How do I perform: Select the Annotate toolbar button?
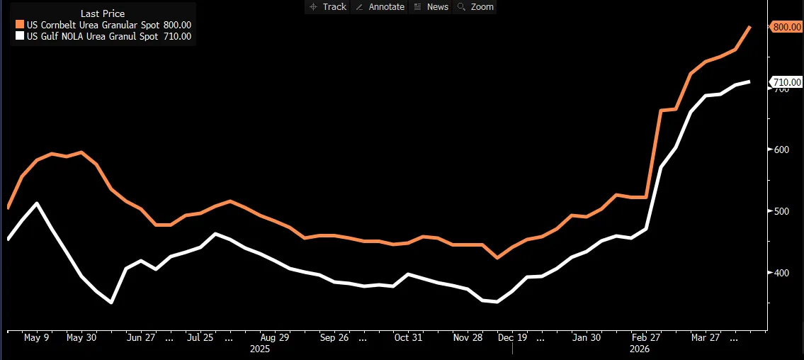pos(380,6)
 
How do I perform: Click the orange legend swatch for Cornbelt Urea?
pos(20,25)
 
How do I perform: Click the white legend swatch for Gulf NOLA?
pos(20,35)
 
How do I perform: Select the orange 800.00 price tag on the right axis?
pos(786,26)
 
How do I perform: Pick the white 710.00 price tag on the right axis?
pos(786,82)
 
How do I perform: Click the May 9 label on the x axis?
pos(36,338)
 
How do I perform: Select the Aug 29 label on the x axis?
pos(274,338)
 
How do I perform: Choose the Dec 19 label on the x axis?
pos(512,338)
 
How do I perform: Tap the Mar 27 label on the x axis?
pos(706,338)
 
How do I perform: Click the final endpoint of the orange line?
pos(749,27)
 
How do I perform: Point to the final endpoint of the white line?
pos(749,81)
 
